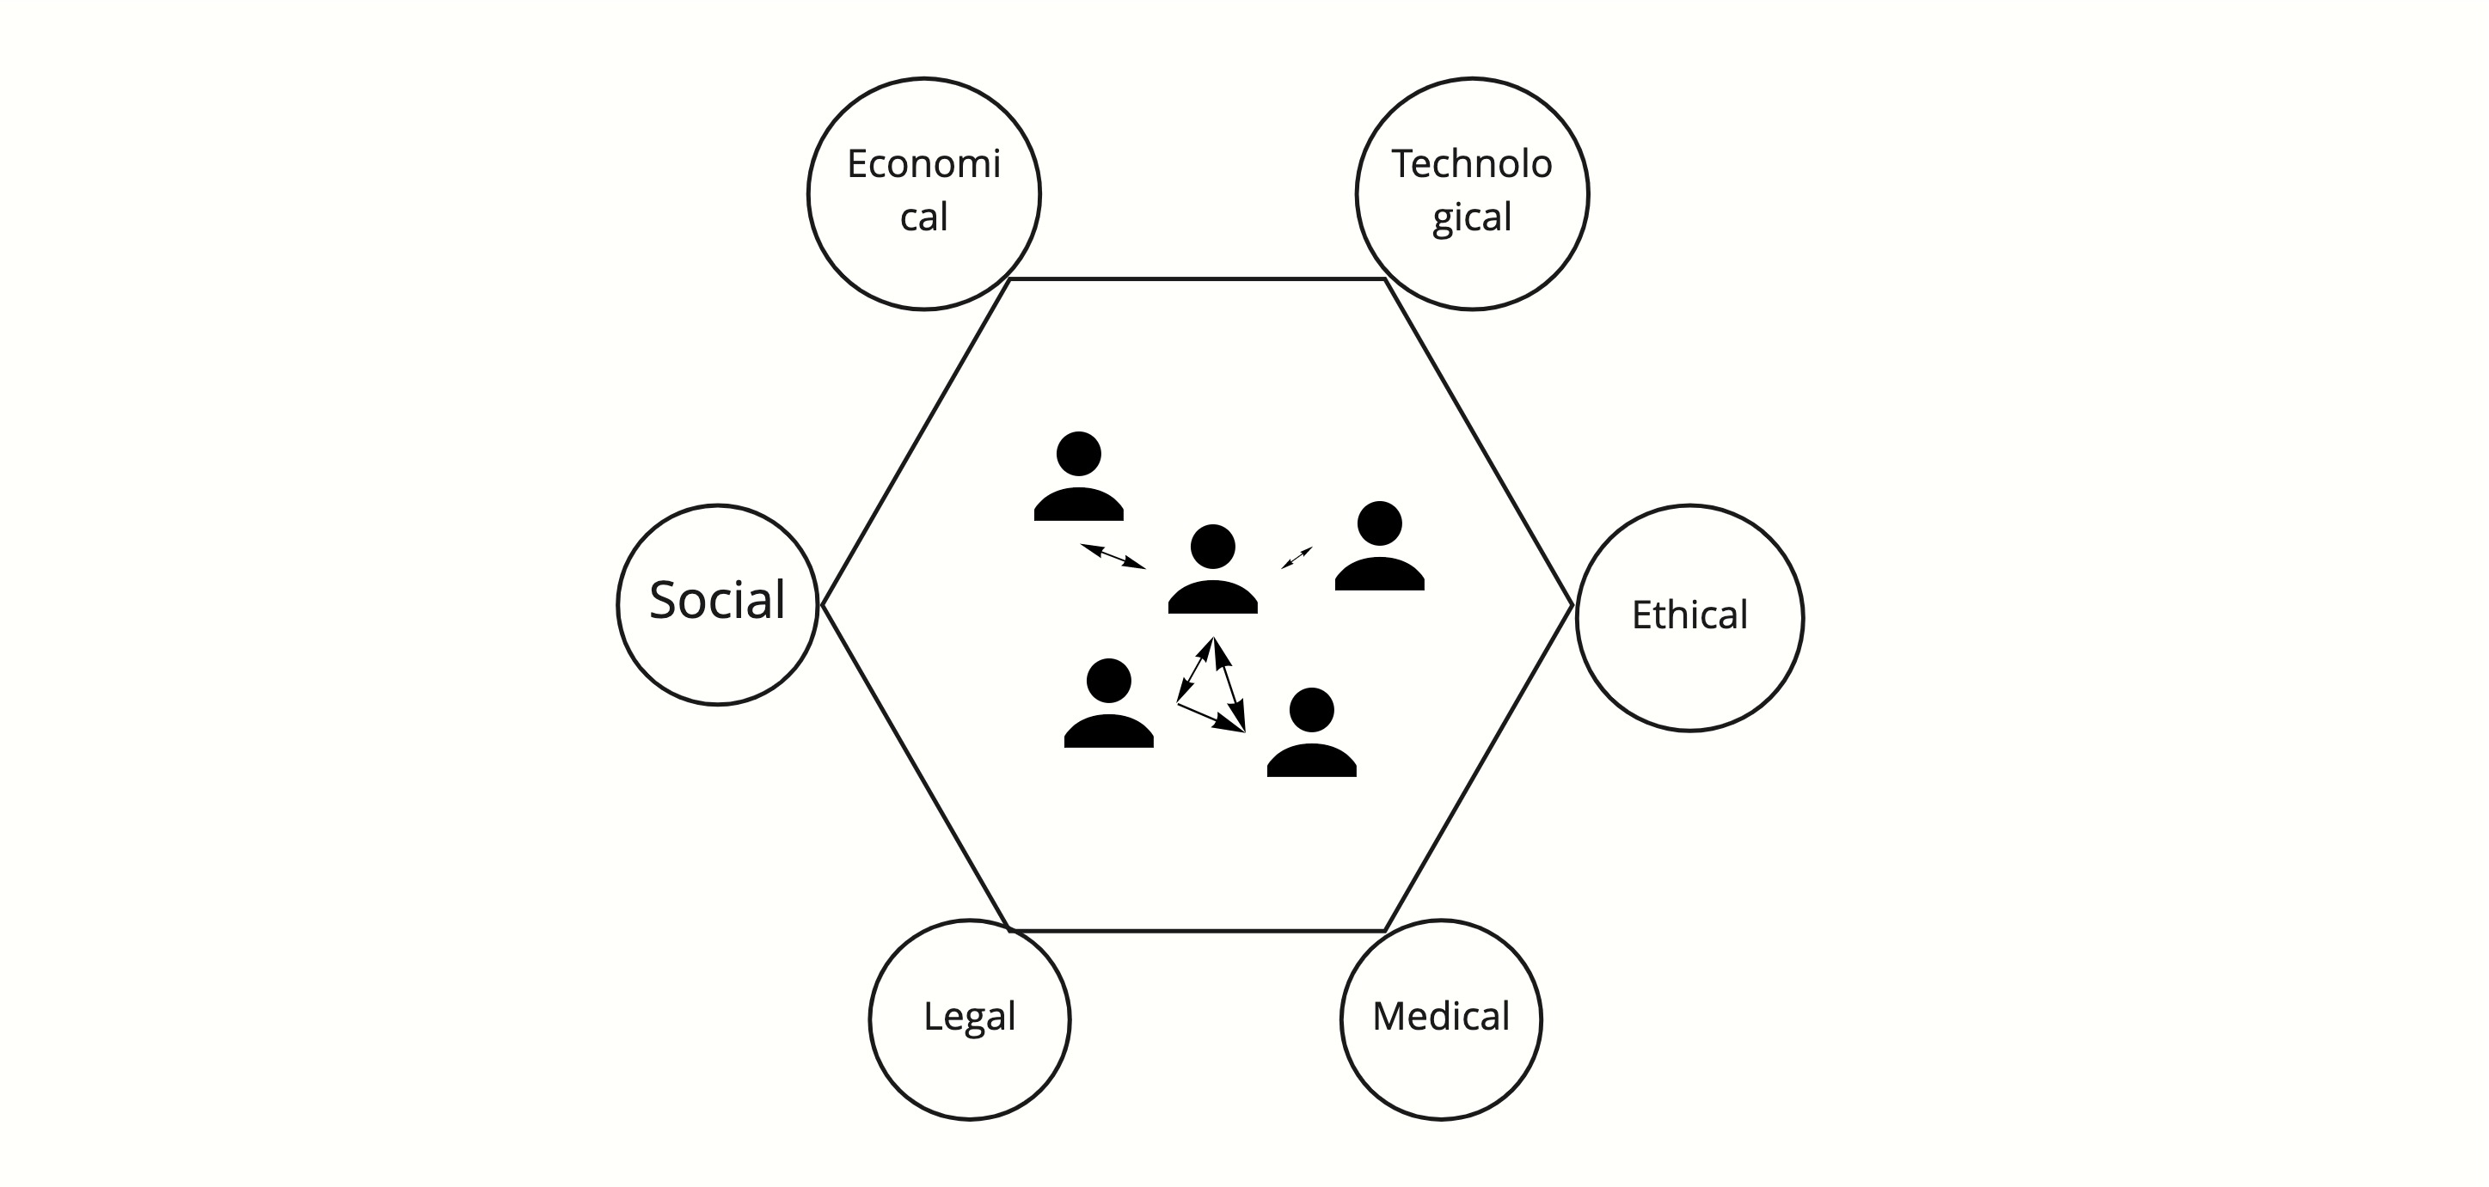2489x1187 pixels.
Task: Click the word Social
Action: [717, 601]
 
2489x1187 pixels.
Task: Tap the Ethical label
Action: [1689, 615]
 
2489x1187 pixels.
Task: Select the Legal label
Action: [969, 1016]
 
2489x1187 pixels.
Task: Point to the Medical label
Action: [1441, 1016]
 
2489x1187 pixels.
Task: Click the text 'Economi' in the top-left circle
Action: [923, 164]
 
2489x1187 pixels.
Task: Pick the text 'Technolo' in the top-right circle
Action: [1472, 164]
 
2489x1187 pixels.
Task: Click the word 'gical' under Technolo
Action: [1472, 217]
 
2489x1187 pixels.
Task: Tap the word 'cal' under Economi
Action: [923, 217]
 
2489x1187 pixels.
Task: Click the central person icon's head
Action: [1212, 547]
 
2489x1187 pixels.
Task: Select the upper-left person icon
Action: [1078, 478]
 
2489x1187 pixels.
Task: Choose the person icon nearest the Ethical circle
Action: [1380, 548]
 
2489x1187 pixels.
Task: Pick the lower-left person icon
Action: [1108, 705]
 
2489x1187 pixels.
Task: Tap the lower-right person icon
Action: [1311, 734]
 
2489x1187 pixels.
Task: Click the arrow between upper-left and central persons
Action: [1113, 556]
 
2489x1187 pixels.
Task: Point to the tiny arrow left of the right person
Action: [1297, 557]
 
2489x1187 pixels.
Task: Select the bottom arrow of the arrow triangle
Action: [1210, 717]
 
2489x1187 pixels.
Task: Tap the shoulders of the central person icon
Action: [1212, 597]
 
